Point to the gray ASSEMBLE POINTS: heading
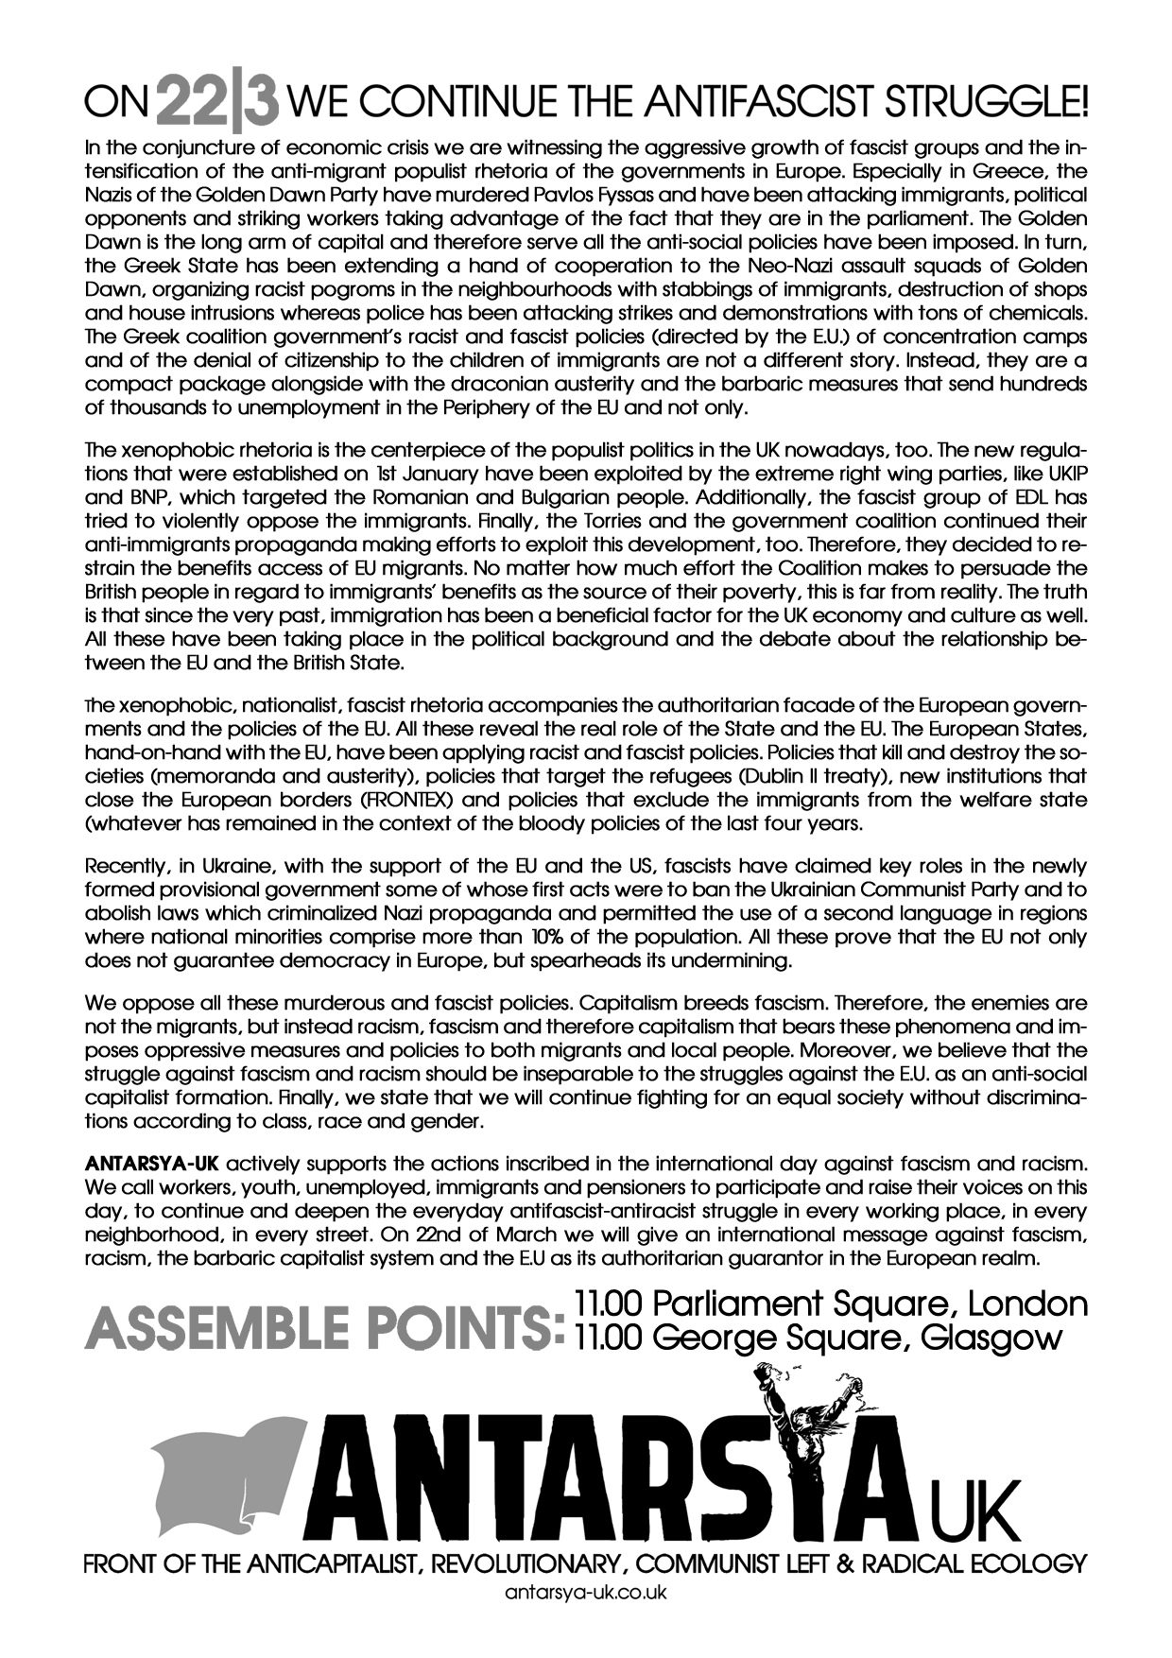(x=324, y=1329)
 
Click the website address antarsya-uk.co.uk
(x=586, y=1593)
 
